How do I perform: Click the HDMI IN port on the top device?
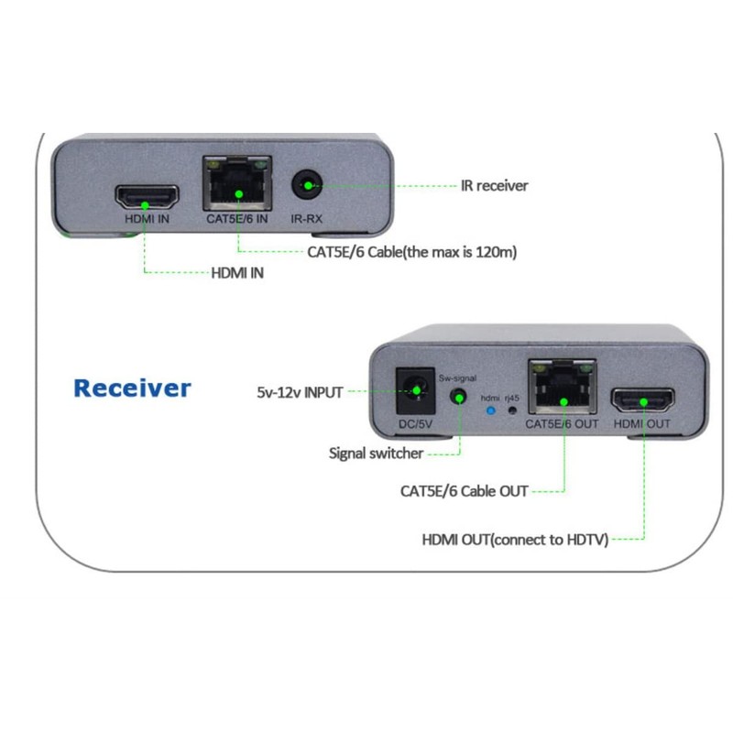(x=146, y=197)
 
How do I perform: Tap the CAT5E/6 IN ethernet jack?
(x=237, y=187)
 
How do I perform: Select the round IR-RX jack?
(x=307, y=188)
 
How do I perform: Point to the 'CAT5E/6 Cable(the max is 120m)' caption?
(x=412, y=251)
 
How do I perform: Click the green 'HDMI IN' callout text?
(x=237, y=273)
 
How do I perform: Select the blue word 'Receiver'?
(x=132, y=388)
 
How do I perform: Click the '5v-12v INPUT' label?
(x=300, y=392)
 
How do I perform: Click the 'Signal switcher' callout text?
(x=377, y=453)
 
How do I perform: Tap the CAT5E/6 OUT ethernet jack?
(x=561, y=388)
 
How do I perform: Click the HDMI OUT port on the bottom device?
(x=642, y=400)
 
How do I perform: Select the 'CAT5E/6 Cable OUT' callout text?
(x=464, y=491)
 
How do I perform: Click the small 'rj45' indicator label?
(x=513, y=399)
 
